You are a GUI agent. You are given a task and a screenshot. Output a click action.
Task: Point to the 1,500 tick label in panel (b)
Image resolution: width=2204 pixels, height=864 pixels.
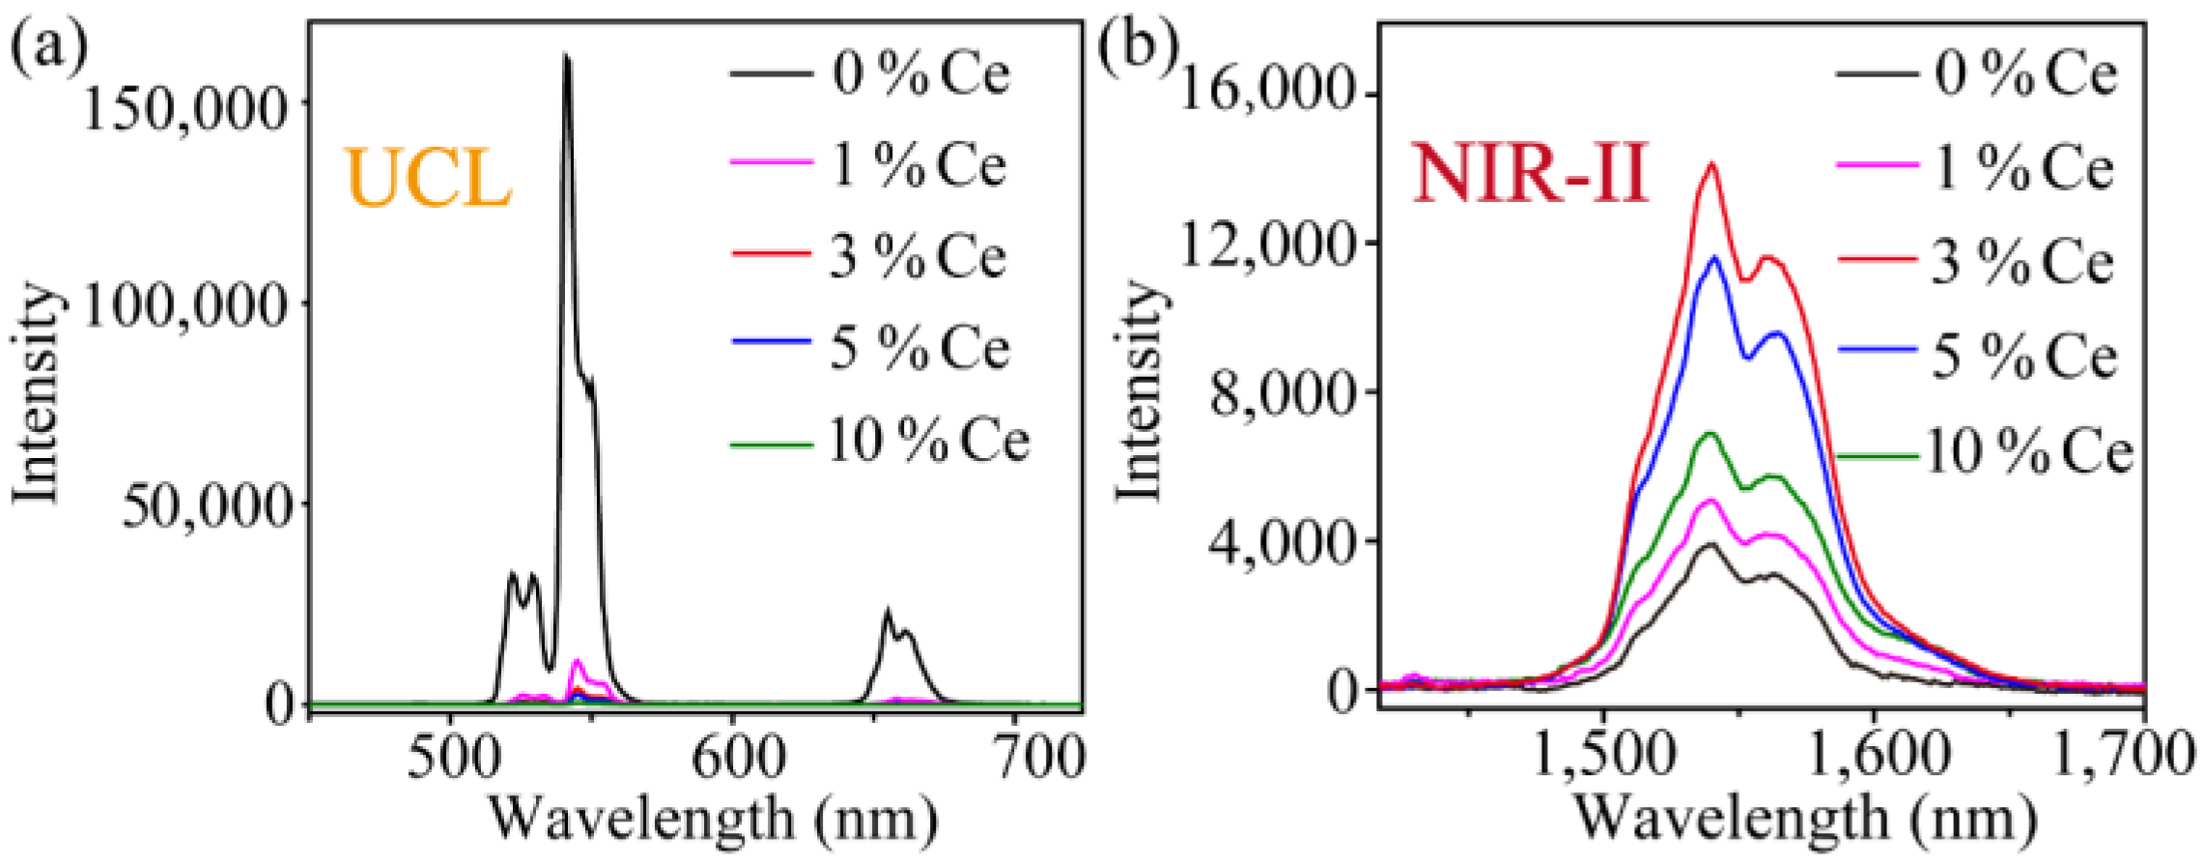tap(1604, 755)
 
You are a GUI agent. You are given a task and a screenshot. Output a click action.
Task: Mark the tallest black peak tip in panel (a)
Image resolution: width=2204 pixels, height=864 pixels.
tap(567, 58)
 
